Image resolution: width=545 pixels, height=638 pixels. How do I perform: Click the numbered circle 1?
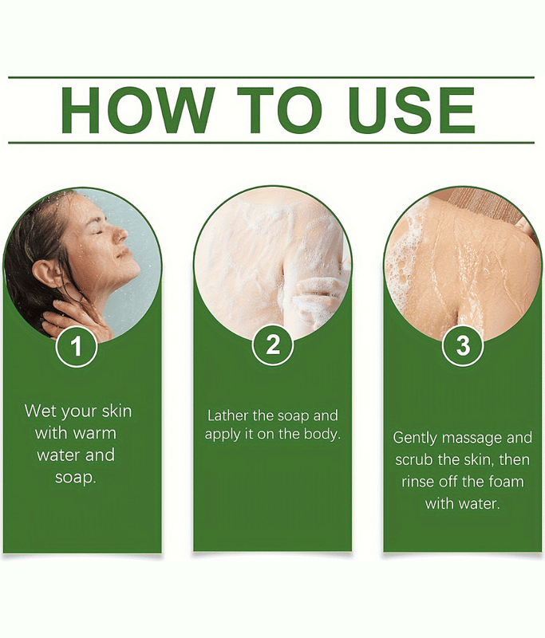point(76,346)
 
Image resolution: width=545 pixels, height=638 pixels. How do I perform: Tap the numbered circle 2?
point(272,345)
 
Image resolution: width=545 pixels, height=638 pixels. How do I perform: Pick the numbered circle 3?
point(463,345)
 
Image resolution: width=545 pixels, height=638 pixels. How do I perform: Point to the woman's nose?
point(120,234)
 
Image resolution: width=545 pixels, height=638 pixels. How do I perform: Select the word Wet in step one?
point(39,411)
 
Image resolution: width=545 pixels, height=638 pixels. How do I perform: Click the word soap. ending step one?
point(75,477)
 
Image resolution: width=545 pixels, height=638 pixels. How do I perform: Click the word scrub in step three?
point(414,460)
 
